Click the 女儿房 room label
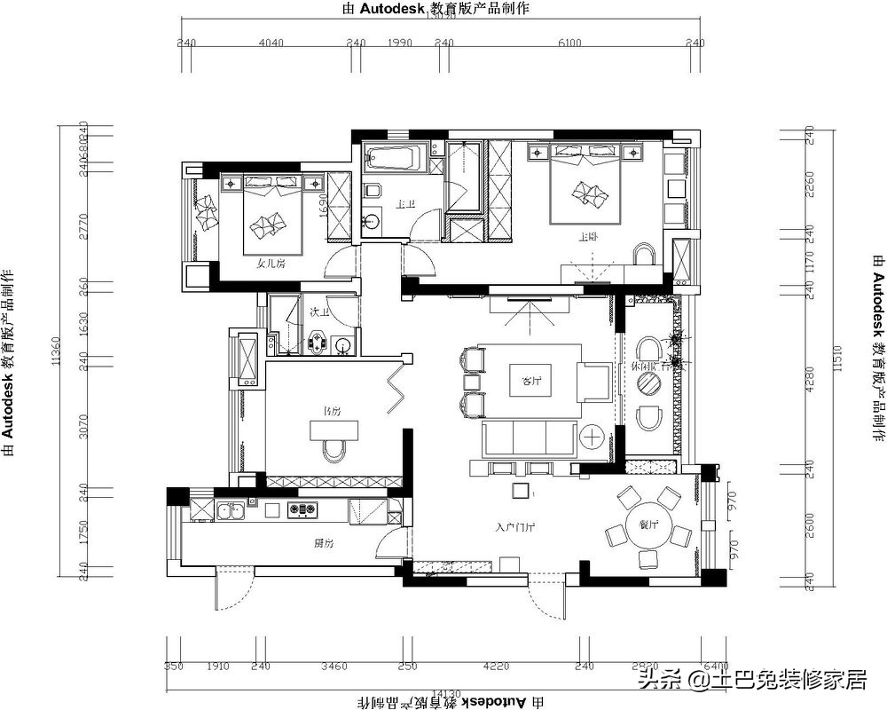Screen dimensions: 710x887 [x=271, y=264]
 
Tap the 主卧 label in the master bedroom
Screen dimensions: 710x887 [x=587, y=237]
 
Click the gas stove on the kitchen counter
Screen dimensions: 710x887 [x=302, y=509]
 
